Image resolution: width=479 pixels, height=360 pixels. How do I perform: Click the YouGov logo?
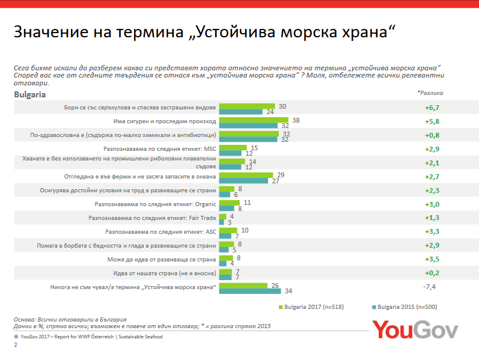[415, 329]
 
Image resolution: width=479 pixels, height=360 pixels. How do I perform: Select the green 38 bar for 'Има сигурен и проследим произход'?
[254, 120]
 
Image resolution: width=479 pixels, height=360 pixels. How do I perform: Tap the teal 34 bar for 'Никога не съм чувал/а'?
[250, 291]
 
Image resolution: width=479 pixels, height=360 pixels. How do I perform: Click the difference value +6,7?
[432, 108]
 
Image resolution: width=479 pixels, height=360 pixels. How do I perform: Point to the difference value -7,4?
[429, 287]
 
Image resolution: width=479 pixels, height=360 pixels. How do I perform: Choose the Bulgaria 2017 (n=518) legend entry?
[311, 307]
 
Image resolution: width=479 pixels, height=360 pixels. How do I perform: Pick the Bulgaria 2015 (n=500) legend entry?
[404, 307]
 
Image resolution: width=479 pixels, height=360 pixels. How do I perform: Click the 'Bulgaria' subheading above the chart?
[29, 94]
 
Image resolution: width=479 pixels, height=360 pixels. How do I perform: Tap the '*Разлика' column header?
[430, 93]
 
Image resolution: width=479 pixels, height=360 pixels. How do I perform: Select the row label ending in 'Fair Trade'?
[152, 218]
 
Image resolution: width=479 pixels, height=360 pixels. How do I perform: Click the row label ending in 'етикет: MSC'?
[159, 149]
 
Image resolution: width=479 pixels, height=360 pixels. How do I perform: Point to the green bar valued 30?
[247, 106]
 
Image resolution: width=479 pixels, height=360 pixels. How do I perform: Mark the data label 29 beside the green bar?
[281, 175]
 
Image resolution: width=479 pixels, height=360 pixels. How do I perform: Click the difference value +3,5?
[432, 259]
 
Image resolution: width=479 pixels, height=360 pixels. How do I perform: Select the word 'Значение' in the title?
[51, 32]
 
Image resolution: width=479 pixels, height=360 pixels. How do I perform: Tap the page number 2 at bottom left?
[16, 345]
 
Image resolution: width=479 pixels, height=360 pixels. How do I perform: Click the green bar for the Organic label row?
[230, 203]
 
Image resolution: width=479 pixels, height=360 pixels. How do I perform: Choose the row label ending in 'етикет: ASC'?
[160, 231]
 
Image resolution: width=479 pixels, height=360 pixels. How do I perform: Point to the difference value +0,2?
[432, 273]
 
